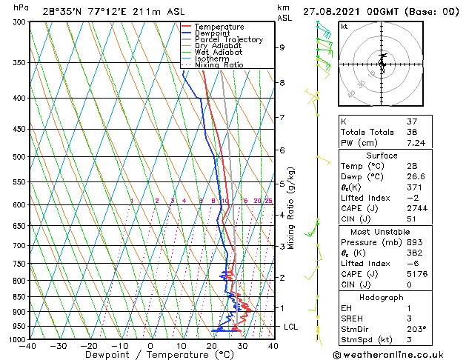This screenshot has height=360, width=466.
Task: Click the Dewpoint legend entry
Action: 212,33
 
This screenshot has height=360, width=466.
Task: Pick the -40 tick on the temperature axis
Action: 28,346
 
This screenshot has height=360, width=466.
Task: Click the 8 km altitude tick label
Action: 282,83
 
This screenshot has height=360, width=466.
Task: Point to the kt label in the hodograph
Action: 344,26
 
